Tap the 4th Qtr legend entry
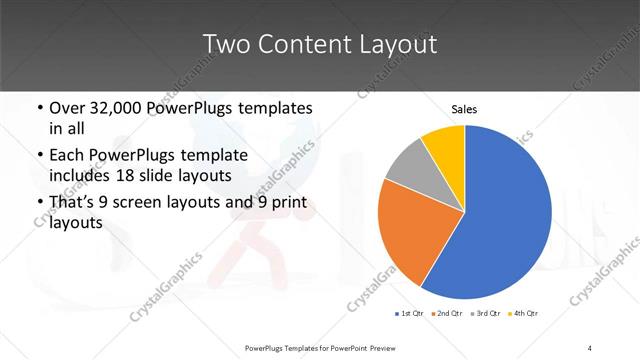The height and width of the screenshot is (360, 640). click(x=524, y=315)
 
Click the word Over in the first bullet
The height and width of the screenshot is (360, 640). click(x=68, y=108)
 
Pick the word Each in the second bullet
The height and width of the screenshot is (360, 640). click(x=68, y=156)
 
